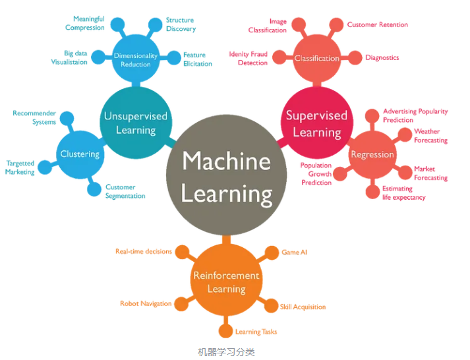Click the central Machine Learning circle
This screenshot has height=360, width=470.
tap(227, 177)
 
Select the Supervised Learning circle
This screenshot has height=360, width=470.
tap(316, 123)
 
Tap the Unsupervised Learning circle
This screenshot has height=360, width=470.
tap(135, 123)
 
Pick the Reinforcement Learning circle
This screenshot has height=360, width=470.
tap(226, 282)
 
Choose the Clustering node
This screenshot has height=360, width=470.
tap(80, 154)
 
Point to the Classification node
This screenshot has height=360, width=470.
tap(316, 58)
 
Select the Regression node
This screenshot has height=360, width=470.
tap(372, 155)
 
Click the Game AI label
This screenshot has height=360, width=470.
tap(295, 253)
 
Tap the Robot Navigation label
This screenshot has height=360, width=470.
tap(146, 304)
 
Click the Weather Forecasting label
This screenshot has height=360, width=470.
tap(430, 136)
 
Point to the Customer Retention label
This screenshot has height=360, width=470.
tap(378, 25)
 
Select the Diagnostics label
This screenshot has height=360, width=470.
tap(382, 58)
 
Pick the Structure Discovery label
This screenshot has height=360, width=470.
tap(180, 24)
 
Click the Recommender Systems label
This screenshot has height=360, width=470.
tap(34, 117)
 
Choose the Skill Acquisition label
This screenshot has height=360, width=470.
tap(303, 307)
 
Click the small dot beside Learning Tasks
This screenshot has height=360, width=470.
tap(226, 331)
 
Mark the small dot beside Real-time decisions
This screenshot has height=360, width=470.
tap(182, 252)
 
